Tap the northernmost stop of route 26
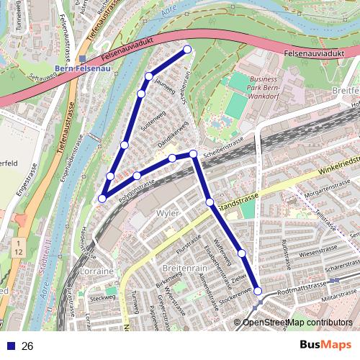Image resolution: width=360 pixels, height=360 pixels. pos(187,50)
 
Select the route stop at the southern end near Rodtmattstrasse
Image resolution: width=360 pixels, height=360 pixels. pos(258,292)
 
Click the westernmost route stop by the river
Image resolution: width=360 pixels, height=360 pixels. pos(103,198)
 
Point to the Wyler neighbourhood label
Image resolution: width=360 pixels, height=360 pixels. pos(167,215)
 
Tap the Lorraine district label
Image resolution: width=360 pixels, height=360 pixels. pos(99,271)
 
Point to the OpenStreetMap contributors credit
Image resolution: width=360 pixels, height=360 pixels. pos(297,322)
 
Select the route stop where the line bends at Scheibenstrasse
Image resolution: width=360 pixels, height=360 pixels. pos(193,154)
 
